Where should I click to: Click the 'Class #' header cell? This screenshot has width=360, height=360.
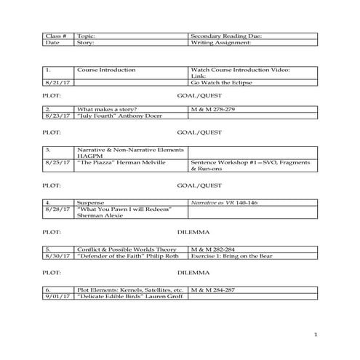56,36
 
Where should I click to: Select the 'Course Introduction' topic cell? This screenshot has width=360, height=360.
106,70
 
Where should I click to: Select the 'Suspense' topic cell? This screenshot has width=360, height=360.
92,201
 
